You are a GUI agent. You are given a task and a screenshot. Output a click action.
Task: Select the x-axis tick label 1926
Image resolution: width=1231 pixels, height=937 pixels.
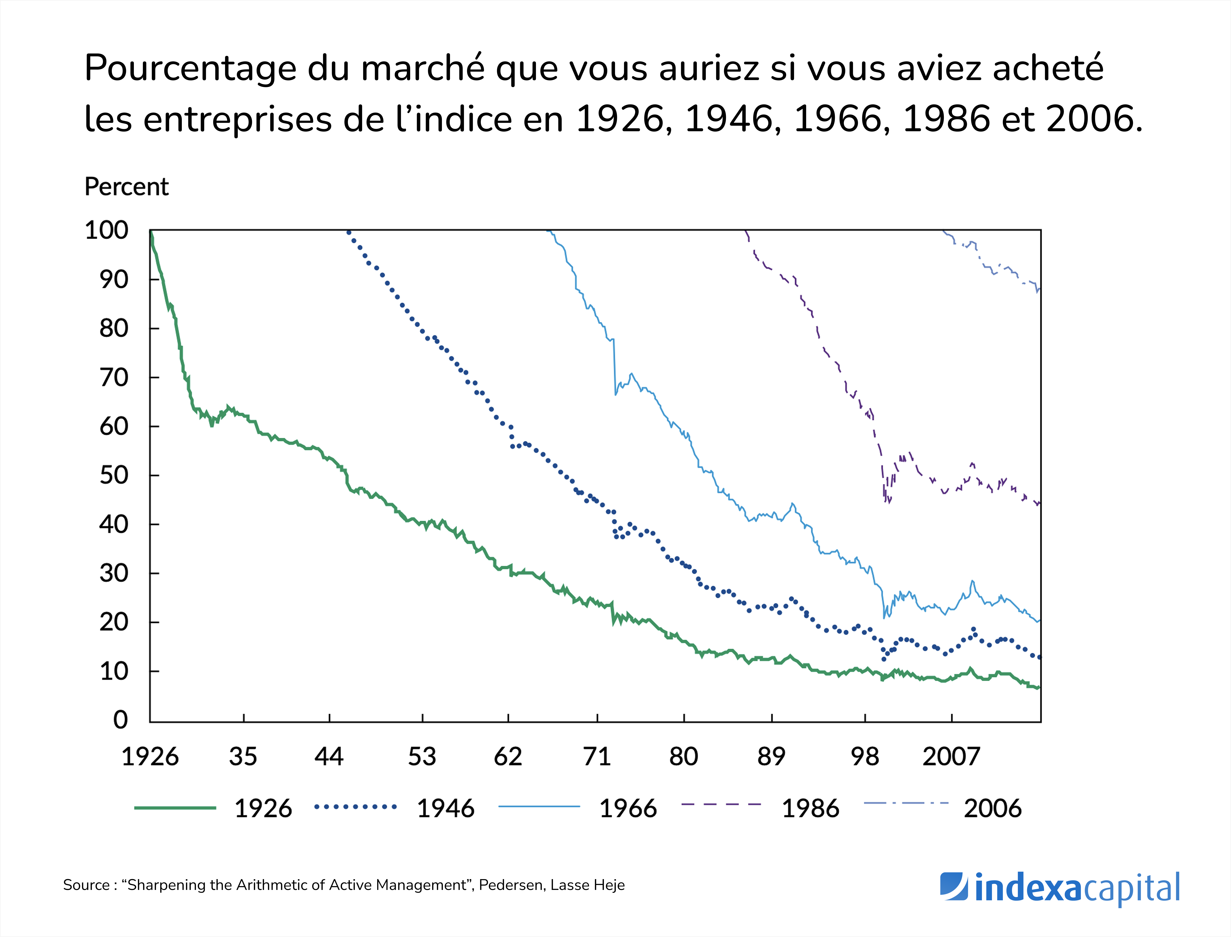click(150, 757)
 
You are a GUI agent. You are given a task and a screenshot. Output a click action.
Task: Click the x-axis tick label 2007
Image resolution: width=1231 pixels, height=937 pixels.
click(951, 757)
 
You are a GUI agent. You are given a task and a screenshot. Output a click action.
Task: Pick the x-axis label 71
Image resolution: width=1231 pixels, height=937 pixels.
click(597, 757)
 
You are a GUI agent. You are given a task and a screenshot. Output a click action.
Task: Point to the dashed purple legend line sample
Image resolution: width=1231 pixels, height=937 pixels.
click(721, 804)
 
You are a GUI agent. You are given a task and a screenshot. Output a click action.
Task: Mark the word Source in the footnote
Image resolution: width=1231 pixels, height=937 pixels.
click(86, 885)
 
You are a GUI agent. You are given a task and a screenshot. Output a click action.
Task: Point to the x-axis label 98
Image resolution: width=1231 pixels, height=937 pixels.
click(865, 757)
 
